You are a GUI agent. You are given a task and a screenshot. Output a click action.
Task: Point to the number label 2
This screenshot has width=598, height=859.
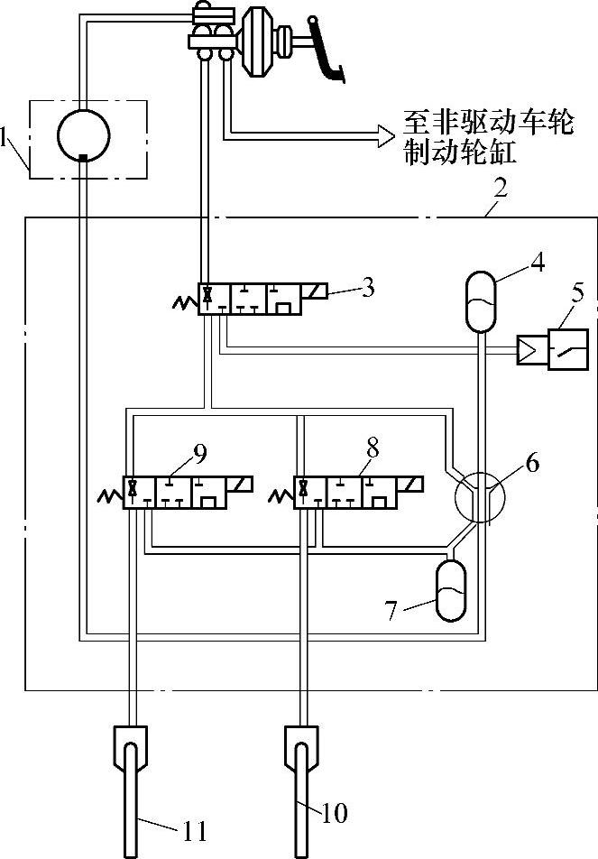500,189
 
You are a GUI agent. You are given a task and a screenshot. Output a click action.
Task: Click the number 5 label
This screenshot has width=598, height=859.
578,291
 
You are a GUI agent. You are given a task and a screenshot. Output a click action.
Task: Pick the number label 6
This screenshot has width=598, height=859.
532,464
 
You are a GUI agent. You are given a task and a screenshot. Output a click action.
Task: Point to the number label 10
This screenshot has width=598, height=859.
334,813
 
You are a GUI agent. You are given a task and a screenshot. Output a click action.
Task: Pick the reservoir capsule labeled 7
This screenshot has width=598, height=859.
452,591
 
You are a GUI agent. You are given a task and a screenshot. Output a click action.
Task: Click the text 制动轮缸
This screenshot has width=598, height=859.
462,155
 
